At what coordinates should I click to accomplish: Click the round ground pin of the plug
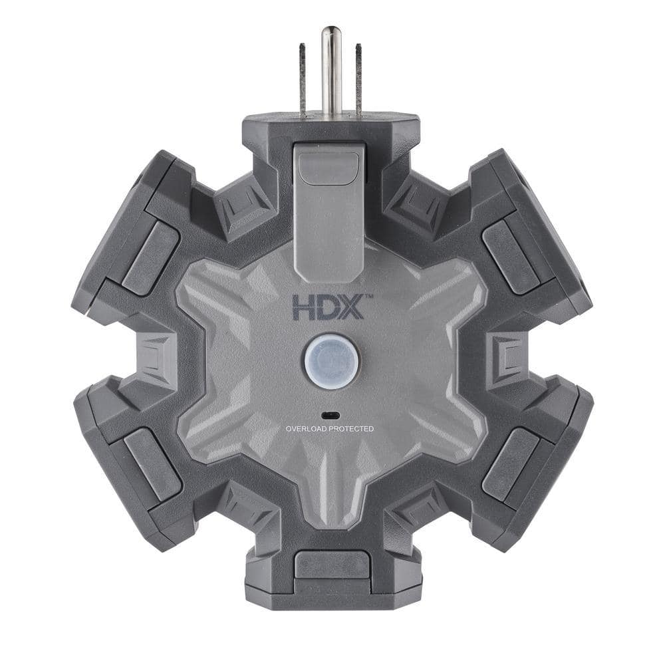point(331,70)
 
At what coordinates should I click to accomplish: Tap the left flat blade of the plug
point(303,80)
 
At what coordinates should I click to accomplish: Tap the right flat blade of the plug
point(358,80)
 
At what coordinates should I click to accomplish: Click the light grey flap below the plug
point(329,213)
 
